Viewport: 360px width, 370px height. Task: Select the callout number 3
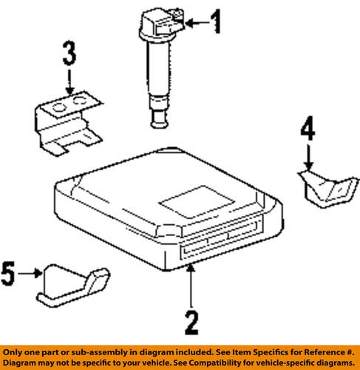68,54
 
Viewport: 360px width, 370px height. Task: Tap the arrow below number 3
68,81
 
